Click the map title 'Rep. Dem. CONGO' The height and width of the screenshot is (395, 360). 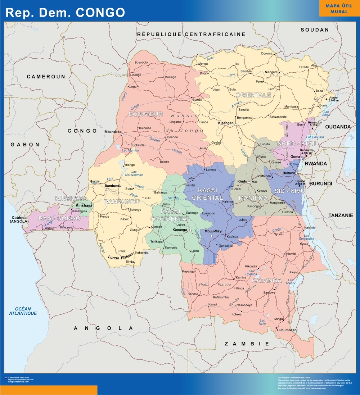click(65, 12)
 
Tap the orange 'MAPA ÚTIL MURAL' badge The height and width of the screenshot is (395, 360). click(339, 9)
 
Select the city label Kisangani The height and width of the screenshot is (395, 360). click(226, 123)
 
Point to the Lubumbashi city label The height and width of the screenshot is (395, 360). click(287, 330)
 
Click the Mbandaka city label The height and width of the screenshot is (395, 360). click(113, 132)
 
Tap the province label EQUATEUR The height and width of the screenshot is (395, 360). click(146, 114)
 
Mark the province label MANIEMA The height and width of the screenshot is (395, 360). click(253, 198)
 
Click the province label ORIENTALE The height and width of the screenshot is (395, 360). click(253, 95)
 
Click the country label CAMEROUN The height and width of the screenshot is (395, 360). click(46, 77)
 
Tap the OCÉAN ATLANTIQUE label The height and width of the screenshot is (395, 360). click(23, 311)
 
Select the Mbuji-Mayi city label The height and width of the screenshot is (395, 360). click(213, 231)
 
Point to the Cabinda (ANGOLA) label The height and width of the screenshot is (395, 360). click(19, 219)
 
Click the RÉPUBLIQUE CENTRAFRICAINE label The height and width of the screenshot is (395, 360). click(191, 34)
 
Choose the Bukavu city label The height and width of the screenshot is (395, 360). click(289, 173)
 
